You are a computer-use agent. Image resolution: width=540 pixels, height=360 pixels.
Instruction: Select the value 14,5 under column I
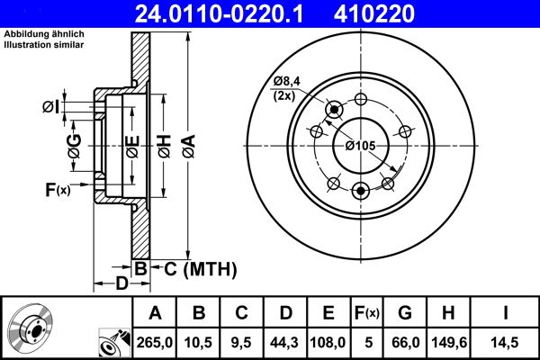pyautogui.click(x=506, y=341)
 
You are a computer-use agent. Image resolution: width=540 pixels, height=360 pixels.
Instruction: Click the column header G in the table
pyautogui.click(x=405, y=312)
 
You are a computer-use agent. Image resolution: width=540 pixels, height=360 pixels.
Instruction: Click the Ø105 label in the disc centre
pyautogui.click(x=360, y=146)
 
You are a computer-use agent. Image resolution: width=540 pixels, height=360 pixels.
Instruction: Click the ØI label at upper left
pyautogui.click(x=50, y=108)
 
